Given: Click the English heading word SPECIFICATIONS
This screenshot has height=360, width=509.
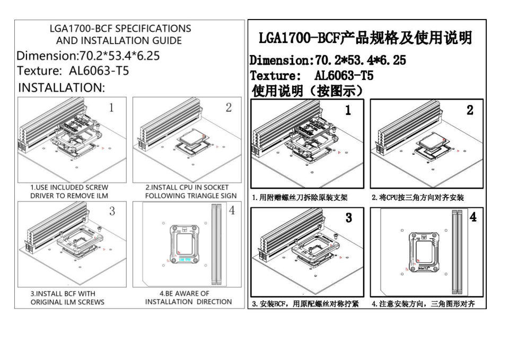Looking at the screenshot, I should (153, 28).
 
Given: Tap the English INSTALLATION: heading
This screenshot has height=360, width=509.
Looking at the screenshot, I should (62, 88).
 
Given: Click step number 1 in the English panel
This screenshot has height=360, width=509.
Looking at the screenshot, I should (111, 108).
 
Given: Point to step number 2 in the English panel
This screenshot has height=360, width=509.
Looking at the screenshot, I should (229, 108).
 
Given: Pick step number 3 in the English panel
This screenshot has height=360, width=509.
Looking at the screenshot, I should (112, 212).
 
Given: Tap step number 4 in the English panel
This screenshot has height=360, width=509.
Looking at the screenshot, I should (231, 210).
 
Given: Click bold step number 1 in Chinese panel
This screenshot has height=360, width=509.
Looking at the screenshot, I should (348, 110).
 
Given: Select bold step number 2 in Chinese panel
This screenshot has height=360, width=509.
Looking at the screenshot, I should (470, 110).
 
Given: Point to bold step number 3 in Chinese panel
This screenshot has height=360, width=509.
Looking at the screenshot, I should (348, 217).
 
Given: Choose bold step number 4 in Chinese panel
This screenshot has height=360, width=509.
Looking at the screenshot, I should (473, 217).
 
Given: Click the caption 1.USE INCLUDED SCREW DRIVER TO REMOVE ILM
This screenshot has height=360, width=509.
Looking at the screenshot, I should (69, 191).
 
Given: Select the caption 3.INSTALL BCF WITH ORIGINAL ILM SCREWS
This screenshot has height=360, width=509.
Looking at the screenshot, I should (67, 297).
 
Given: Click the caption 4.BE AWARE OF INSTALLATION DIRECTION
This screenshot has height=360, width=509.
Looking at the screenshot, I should (188, 297).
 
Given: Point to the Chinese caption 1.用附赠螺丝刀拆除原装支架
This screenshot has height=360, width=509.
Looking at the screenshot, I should (300, 198).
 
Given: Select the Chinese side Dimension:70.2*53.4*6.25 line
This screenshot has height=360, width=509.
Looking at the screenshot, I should (328, 60).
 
